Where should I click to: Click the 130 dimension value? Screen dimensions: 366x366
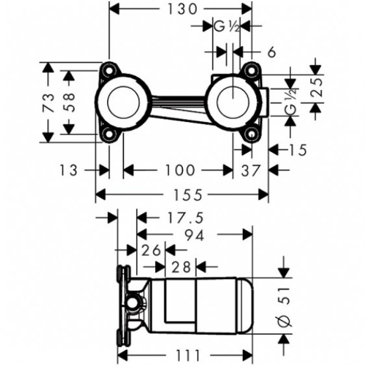click(x=180, y=9)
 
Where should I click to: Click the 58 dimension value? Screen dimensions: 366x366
click(x=69, y=102)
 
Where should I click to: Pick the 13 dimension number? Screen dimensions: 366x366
click(x=69, y=170)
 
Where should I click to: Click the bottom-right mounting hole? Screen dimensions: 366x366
click(x=250, y=134)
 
